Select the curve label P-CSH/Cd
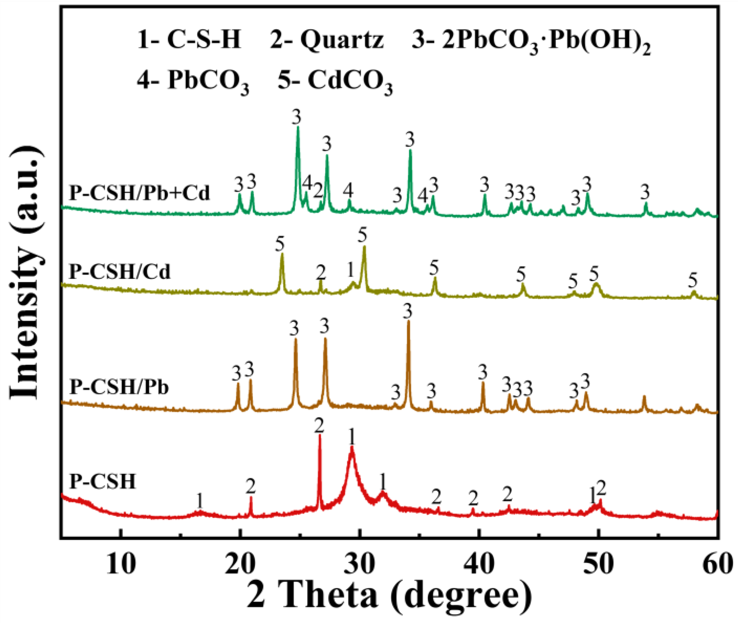[119, 271]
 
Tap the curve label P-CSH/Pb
[119, 387]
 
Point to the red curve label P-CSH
[102, 481]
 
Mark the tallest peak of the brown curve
[408, 321]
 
